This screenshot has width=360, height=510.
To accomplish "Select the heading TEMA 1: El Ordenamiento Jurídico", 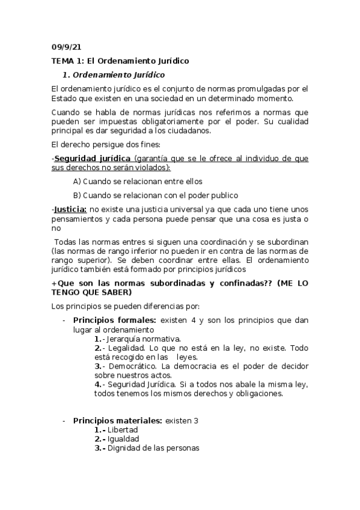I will coord(120,61).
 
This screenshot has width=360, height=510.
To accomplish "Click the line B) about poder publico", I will coord(155,195).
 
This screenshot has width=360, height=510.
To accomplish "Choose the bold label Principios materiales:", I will coord(117,420).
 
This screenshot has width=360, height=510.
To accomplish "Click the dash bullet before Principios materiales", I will coord(64,420).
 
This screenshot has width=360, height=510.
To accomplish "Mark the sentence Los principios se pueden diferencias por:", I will coord(130,306).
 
